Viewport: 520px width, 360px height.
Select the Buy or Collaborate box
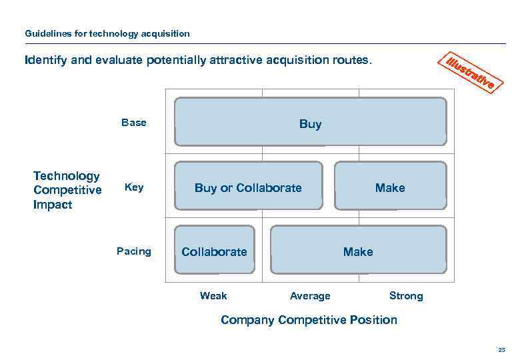pos(248,187)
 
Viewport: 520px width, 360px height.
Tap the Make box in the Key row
pos(389,187)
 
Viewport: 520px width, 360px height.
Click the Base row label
pos(134,123)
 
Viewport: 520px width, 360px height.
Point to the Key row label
pos(134,187)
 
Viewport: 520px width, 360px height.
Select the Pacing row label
pos(134,251)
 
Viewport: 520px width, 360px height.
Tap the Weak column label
pos(213,295)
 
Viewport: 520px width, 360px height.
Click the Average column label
pos(310,295)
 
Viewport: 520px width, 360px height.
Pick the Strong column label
pos(406,295)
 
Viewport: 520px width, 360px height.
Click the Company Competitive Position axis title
pos(309,319)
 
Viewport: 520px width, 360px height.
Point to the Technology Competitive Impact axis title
pos(67,190)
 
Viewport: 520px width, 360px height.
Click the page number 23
pos(501,349)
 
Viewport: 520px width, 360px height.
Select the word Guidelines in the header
pos(45,33)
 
